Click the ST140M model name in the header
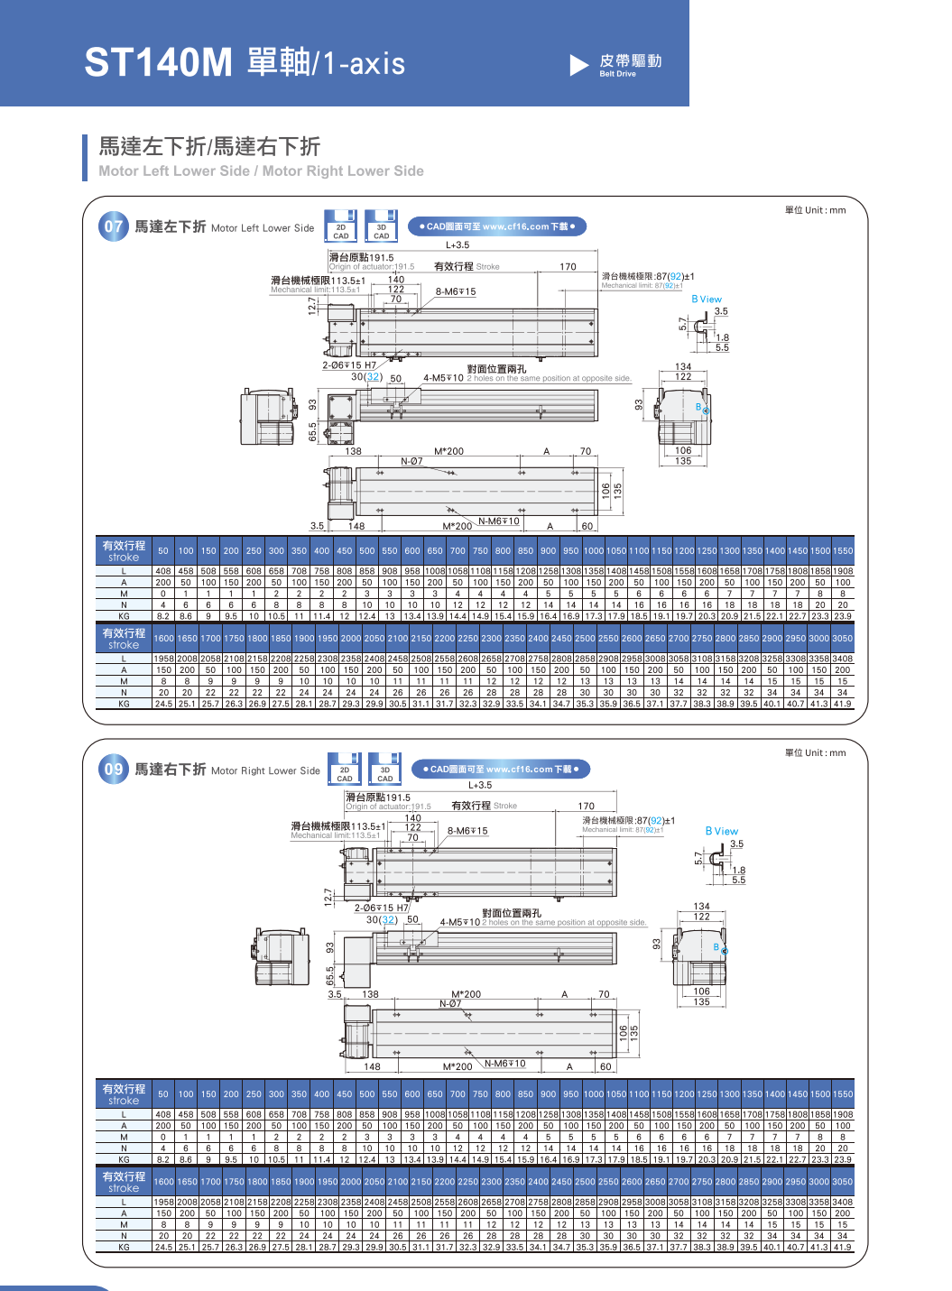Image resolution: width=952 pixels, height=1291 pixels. [158, 63]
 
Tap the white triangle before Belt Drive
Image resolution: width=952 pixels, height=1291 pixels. [578, 64]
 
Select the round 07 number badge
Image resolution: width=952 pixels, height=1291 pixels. [113, 226]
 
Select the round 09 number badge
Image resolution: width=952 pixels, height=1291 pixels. [113, 770]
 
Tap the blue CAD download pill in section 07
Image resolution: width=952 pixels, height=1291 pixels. [497, 226]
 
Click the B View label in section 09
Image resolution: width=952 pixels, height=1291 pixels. [721, 831]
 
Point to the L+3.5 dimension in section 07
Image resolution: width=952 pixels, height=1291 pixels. [458, 244]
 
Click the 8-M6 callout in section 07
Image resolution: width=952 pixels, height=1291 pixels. [456, 291]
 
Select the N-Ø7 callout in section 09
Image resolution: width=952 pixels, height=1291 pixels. [450, 1003]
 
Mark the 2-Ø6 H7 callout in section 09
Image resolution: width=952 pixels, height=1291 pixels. [381, 908]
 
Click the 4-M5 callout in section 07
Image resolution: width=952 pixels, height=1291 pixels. [443, 378]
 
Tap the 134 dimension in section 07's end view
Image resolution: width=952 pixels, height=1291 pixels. [683, 367]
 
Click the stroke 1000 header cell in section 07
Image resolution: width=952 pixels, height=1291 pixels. [594, 551]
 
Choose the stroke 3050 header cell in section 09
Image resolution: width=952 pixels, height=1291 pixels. [842, 1182]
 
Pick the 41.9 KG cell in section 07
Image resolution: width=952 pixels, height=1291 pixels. [842, 704]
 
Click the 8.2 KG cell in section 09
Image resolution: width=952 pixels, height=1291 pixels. [163, 1159]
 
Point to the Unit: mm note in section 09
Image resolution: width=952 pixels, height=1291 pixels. [815, 752]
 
